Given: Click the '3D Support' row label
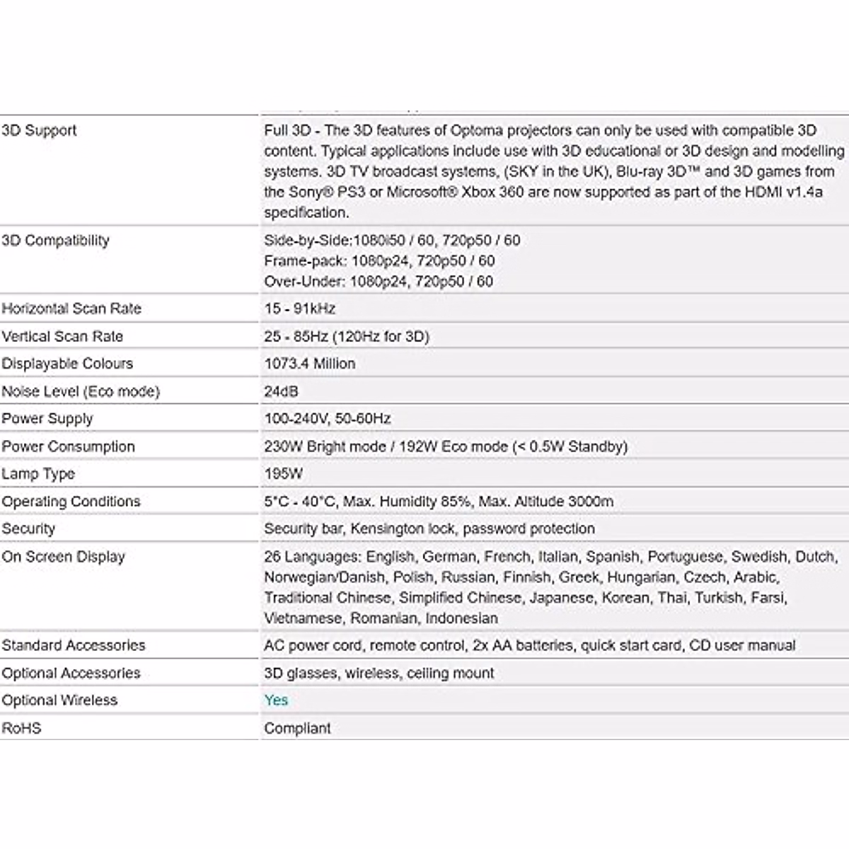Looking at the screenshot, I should coord(39,130).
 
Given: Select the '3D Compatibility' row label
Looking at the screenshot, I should coord(55,241).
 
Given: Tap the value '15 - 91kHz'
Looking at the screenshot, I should coord(299,308).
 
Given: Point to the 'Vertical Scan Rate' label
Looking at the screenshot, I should coord(62,337).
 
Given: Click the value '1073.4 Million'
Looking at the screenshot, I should coord(309,364).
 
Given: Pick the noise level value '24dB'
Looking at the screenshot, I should coord(281,391).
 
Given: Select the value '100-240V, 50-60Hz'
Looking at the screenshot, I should coord(327,419).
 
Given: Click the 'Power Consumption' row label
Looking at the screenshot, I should coord(68,446).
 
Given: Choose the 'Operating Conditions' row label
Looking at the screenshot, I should coord(71,502).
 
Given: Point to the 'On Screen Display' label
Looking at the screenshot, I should coord(63,557).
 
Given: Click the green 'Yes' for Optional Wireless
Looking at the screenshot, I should coord(276,700).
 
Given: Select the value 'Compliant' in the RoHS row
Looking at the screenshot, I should coord(297,728).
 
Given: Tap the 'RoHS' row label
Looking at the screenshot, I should coord(21,728).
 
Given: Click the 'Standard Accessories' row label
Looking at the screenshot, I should coord(73,645).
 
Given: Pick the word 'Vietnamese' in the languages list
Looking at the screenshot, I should coord(302,618).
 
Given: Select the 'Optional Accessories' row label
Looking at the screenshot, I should coord(71,673).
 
